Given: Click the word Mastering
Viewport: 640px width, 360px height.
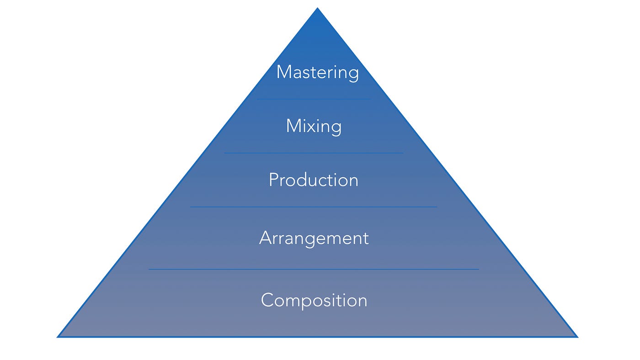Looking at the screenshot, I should click(x=317, y=72).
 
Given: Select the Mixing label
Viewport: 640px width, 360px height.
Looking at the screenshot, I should click(x=314, y=126).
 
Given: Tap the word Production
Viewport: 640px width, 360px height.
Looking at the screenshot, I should click(x=314, y=180).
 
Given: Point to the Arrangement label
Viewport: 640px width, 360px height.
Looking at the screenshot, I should click(x=314, y=238).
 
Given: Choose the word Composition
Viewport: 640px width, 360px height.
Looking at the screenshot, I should click(x=314, y=300).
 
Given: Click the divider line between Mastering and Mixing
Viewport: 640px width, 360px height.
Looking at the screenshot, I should click(x=314, y=99).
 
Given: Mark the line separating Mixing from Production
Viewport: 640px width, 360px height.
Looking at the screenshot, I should click(x=314, y=153).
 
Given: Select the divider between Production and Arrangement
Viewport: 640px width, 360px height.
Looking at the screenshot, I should click(x=314, y=207).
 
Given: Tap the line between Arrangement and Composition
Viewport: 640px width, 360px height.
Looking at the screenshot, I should click(x=314, y=269).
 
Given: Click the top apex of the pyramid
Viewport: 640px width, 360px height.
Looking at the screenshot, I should click(x=317, y=9).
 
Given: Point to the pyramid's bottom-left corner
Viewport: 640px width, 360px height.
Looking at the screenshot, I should click(x=59, y=337).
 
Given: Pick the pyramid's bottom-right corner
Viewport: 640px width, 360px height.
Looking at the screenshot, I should click(x=576, y=337).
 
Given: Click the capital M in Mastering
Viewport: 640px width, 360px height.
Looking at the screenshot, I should click(x=283, y=72).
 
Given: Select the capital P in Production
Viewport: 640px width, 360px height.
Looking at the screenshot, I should click(x=273, y=180).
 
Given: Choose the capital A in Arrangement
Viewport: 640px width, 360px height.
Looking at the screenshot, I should click(x=266, y=238).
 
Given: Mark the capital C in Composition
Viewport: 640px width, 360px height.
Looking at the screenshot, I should click(x=267, y=300).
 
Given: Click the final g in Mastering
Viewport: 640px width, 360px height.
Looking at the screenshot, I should click(x=353, y=74).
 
